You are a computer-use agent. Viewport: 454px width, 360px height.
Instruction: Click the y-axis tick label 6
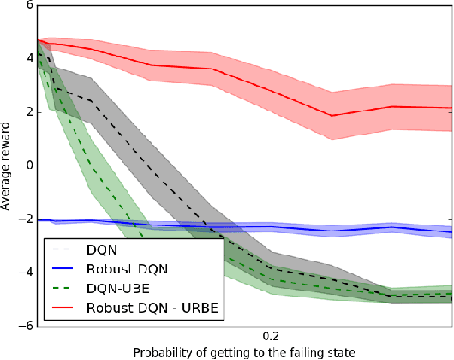tap(28, 5)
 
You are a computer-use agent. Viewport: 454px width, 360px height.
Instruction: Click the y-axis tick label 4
tap(28, 58)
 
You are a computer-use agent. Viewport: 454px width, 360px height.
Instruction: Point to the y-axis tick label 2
tap(28, 112)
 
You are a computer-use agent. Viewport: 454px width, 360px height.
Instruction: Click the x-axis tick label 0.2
tap(271, 337)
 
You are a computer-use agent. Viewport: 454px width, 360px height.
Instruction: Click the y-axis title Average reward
tap(8, 165)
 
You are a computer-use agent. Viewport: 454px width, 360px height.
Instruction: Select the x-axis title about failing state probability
tap(245, 352)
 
